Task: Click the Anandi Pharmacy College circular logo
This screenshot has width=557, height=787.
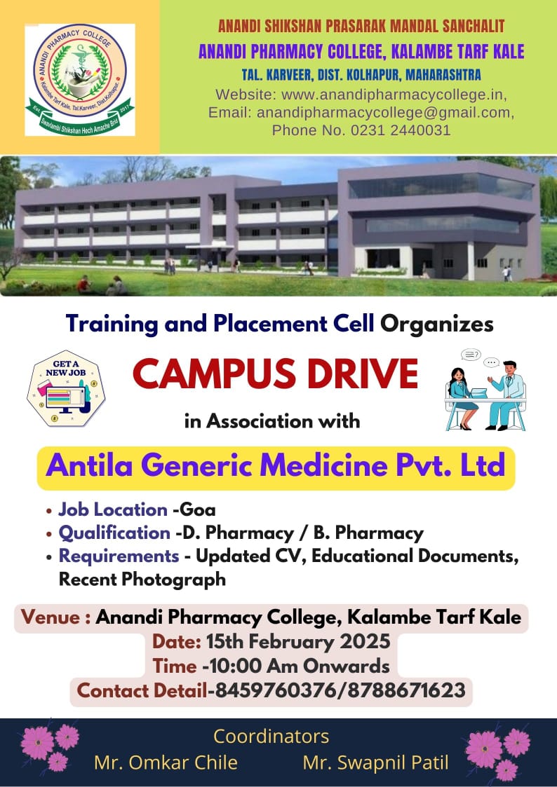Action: [x=80, y=80]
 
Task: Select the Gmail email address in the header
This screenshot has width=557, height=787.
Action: [x=385, y=113]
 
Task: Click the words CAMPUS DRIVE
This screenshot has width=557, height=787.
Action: [x=275, y=374]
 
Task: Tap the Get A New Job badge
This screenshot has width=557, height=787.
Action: [x=66, y=388]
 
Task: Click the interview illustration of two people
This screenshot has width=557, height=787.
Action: [x=485, y=390]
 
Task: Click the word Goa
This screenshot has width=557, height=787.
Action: [x=197, y=510]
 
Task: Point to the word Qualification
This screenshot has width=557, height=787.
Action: [x=114, y=533]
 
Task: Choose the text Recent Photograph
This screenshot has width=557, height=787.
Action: [x=142, y=579]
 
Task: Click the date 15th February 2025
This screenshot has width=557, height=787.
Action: [x=298, y=642]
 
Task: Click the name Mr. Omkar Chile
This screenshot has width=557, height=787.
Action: [x=166, y=763]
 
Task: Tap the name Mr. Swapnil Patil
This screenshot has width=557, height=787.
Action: [x=376, y=763]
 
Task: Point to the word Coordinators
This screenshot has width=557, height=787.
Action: [x=271, y=737]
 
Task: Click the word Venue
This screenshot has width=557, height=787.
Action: [x=51, y=617]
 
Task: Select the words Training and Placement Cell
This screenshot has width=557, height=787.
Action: [x=220, y=324]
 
